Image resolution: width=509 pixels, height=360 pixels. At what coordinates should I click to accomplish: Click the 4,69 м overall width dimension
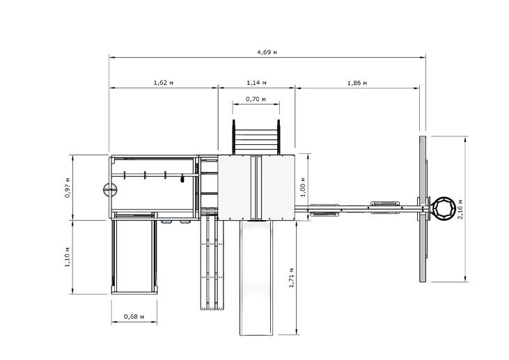click(x=267, y=52)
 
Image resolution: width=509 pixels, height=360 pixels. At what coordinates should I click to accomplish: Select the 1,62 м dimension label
click(x=163, y=82)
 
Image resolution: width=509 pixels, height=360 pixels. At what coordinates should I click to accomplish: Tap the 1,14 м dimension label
click(x=256, y=82)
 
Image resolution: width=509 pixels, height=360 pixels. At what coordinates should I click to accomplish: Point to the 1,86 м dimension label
click(x=357, y=83)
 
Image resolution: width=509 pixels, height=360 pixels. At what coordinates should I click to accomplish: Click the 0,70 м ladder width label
click(x=256, y=99)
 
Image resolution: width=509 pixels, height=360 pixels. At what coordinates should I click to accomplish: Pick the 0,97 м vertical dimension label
click(x=68, y=187)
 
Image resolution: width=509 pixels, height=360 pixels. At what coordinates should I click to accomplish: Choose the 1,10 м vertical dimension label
click(x=68, y=257)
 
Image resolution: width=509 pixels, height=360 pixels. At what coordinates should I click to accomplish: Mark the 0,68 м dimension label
click(x=134, y=316)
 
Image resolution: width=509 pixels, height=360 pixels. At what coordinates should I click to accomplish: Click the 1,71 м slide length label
click(x=291, y=278)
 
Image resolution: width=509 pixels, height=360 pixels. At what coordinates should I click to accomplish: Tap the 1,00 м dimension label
click(x=302, y=187)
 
